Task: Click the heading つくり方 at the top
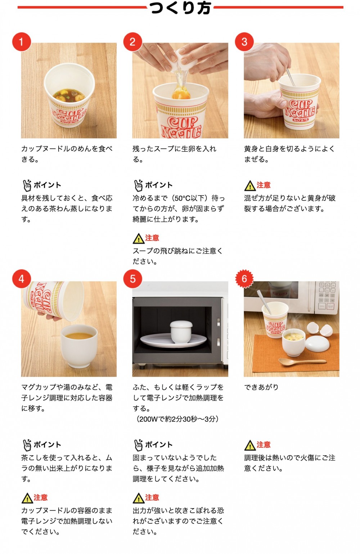[180, 8]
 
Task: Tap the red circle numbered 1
[21, 41]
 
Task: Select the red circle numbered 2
[132, 41]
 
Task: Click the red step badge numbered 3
[244, 41]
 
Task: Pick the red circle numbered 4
[21, 279]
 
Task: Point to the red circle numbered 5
[132, 279]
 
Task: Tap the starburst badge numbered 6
[244, 279]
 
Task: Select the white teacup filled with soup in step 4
[80, 346]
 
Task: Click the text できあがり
[261, 387]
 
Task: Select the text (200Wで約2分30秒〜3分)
[177, 419]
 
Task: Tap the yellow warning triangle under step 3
[249, 186]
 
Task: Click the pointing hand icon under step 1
[27, 185]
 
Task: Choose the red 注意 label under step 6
[264, 445]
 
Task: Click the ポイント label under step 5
[159, 445]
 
